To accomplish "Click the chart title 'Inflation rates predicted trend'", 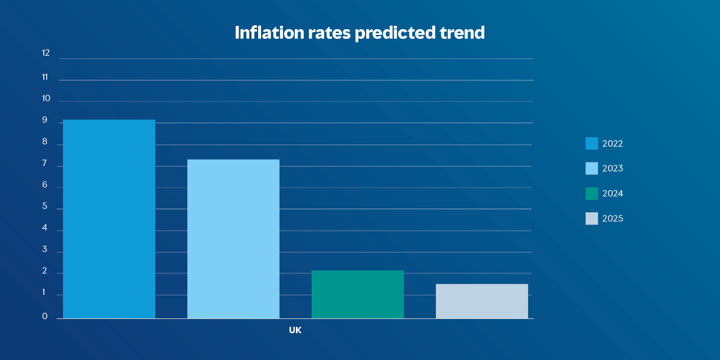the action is [x=359, y=33].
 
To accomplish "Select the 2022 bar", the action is [x=109, y=219].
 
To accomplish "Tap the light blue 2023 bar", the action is [x=233, y=239].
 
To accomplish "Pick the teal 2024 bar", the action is [x=358, y=295].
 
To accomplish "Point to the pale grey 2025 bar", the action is [x=482, y=301].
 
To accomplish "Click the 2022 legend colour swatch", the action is [x=592, y=143].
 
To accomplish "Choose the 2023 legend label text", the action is [x=613, y=168].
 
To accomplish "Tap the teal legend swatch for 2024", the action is [x=592, y=193].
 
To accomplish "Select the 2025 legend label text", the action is [x=613, y=219].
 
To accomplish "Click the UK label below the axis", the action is [x=295, y=330].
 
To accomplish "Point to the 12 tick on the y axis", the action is [x=46, y=53].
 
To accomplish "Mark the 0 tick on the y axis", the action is [x=44, y=316].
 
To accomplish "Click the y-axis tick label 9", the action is [x=44, y=120].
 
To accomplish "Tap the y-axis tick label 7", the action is [x=44, y=163].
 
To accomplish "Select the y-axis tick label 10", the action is [x=46, y=98].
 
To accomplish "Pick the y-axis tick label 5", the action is [x=44, y=206].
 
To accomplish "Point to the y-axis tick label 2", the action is [x=44, y=271].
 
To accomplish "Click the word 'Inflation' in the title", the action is [x=269, y=33].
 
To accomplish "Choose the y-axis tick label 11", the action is [x=45, y=77].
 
